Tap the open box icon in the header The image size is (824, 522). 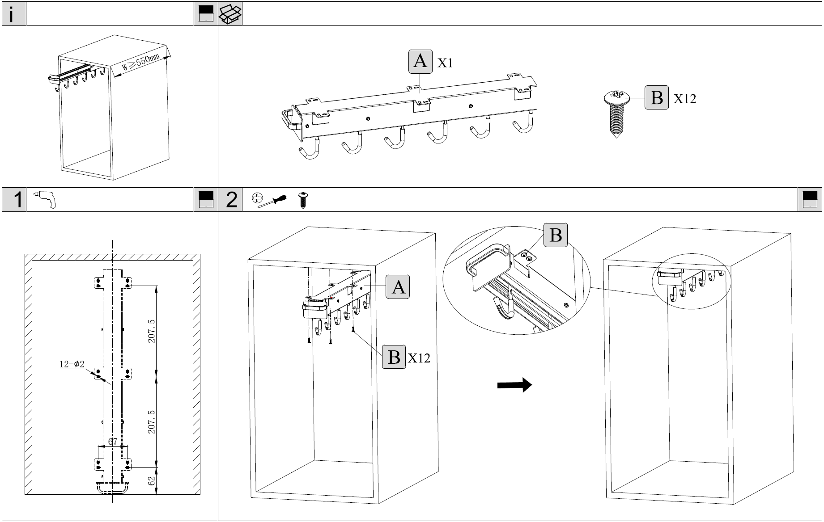click(230, 14)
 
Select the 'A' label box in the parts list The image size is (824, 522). click(420, 61)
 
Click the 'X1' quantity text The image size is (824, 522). click(445, 63)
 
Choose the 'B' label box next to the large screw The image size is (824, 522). click(656, 97)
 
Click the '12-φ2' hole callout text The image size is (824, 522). click(72, 364)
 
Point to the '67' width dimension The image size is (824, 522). click(113, 442)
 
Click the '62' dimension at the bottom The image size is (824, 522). click(152, 481)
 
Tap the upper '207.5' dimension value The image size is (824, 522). click(151, 331)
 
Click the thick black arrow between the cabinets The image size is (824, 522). click(514, 384)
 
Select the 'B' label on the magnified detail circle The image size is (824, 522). click(555, 235)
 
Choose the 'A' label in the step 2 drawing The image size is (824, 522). click(398, 286)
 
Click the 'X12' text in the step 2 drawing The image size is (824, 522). click(419, 358)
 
